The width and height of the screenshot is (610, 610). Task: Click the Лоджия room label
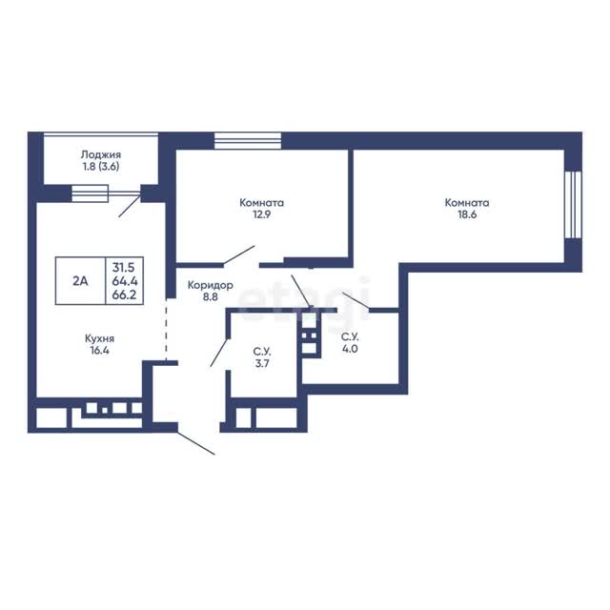(101, 154)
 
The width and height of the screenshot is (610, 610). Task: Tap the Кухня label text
(99, 338)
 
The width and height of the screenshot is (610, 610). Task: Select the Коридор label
(211, 285)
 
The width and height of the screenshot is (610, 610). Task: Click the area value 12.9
(261, 214)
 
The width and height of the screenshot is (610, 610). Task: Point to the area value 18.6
(467, 214)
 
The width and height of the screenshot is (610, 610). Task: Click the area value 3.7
(262, 364)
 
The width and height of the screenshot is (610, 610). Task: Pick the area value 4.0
(350, 349)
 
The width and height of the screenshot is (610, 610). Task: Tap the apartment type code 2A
(80, 280)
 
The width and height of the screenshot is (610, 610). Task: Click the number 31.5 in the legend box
(123, 267)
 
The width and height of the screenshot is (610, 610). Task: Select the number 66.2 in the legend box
(124, 295)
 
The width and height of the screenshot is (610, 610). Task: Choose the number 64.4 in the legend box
(125, 281)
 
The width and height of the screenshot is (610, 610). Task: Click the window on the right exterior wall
(573, 205)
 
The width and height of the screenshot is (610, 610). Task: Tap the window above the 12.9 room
(248, 140)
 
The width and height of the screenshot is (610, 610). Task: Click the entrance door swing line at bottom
(196, 443)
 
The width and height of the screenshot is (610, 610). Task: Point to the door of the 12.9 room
(239, 254)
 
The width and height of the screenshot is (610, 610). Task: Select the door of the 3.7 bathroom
(219, 353)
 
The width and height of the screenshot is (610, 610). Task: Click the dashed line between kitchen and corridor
(166, 330)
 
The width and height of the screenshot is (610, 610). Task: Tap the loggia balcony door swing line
(130, 206)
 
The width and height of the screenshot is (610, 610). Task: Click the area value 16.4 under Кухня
(99, 350)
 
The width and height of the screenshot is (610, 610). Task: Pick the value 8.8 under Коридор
(210, 296)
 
